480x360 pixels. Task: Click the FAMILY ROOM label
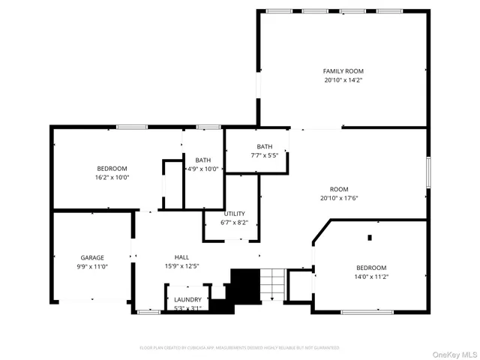point(343,70)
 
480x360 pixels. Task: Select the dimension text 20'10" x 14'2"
point(343,79)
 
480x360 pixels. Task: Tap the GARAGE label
point(92,257)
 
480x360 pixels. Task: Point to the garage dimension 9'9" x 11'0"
point(92,266)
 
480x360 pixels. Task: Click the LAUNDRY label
point(187,299)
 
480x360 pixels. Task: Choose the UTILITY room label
point(234,214)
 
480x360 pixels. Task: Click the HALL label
point(181,256)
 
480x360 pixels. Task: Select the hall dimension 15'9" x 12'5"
point(181,265)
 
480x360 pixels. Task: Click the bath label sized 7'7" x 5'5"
point(264,146)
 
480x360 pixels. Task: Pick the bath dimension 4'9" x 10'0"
point(202,169)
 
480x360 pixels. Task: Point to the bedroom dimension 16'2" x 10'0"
point(112,177)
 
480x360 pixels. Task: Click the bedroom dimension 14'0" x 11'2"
point(370,277)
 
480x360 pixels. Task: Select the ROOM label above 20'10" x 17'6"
point(339,189)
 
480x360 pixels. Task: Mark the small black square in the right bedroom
point(369,238)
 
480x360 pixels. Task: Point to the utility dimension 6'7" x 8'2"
point(234,223)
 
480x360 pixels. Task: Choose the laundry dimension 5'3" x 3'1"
point(187,307)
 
